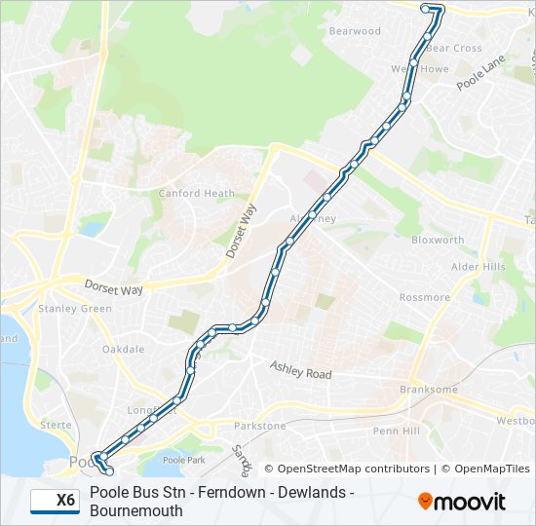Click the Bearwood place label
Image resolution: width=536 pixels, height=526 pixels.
tap(355, 31)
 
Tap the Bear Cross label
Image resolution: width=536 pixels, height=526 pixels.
tap(454, 48)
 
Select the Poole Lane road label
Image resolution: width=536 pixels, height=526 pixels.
tap(481, 73)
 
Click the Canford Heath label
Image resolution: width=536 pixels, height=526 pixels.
tap(197, 193)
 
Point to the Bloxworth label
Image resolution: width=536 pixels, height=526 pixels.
tap(438, 240)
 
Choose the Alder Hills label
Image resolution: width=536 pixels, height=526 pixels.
tap(479, 267)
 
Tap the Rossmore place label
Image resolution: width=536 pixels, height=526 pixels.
tap(425, 297)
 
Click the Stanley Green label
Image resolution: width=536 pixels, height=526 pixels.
tap(75, 309)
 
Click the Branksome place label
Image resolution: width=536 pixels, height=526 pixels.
tap(429, 390)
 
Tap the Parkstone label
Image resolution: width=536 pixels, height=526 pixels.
tap(260, 426)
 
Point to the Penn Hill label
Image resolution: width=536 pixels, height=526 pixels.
tap(397, 430)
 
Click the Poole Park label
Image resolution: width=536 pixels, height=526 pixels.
tap(184, 459)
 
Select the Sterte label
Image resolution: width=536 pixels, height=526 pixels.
tap(56, 425)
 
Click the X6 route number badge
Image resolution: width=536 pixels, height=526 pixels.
tap(56, 501)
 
